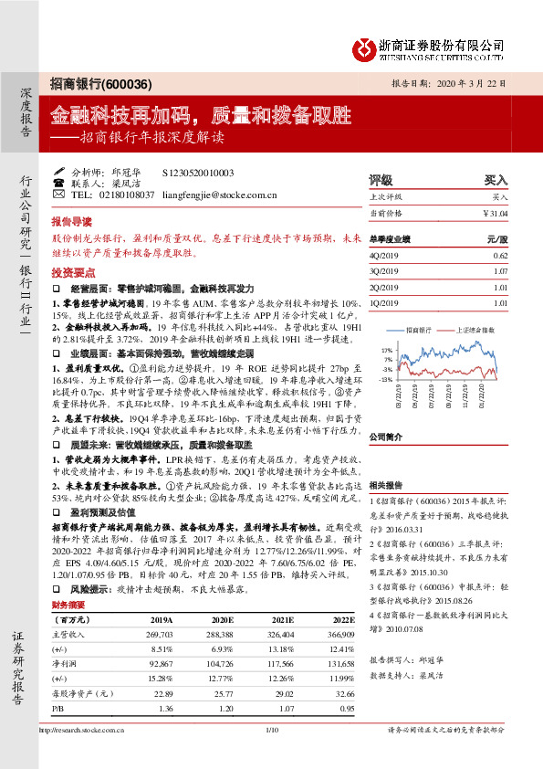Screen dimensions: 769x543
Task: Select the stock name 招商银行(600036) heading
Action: (89, 83)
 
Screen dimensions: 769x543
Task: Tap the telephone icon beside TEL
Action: (58, 195)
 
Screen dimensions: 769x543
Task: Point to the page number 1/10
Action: (271, 755)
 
